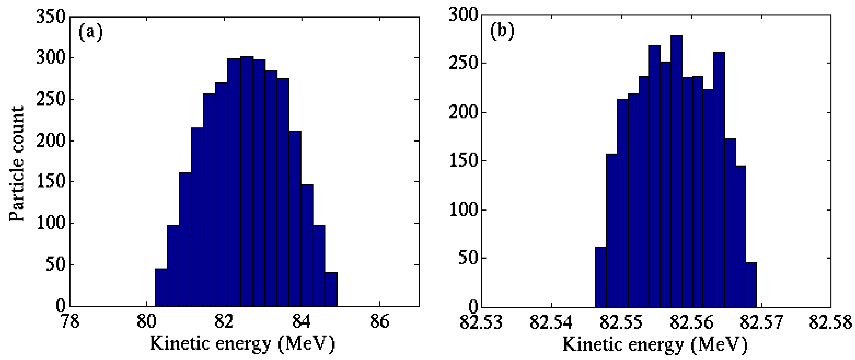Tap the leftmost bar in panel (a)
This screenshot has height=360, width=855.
pyautogui.click(x=161, y=287)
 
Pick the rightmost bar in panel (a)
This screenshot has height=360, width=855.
pyautogui.click(x=331, y=289)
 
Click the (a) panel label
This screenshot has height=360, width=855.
pyautogui.click(x=91, y=32)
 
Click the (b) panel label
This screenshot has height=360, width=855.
pyautogui.click(x=502, y=31)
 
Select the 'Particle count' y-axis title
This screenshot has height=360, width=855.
pyautogui.click(x=16, y=164)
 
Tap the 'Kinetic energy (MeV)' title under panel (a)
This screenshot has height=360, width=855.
pyautogui.click(x=242, y=344)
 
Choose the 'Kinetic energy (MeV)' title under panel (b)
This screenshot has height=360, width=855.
pyautogui.click(x=655, y=344)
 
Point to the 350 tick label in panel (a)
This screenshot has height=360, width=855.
pyautogui.click(x=51, y=16)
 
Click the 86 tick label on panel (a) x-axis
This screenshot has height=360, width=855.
pyautogui.click(x=379, y=322)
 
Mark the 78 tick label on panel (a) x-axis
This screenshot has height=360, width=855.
pyautogui.click(x=70, y=322)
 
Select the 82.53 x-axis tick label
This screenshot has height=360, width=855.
pyautogui.click(x=481, y=322)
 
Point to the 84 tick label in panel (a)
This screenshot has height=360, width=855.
pyautogui.click(x=301, y=322)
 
